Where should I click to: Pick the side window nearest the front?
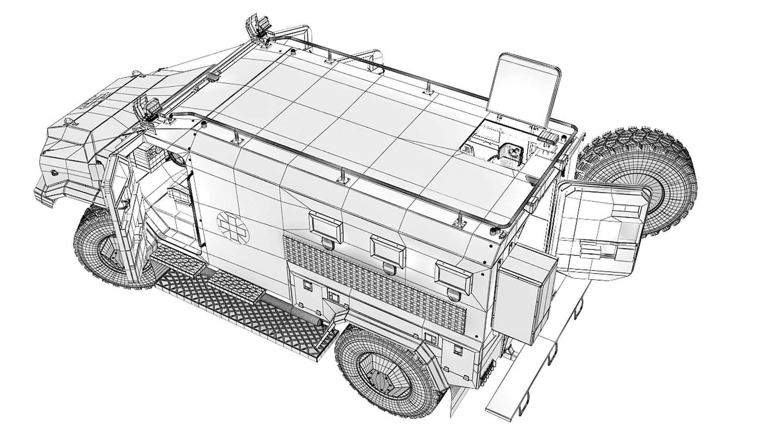point(326,227)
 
